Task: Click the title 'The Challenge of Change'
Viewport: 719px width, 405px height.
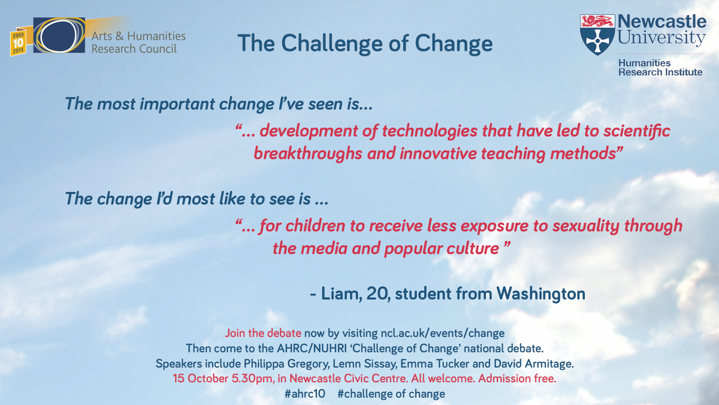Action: pyautogui.click(x=364, y=44)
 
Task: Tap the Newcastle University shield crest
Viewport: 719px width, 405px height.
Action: pyautogui.click(x=597, y=34)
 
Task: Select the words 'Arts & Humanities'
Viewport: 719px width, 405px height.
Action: pyautogui.click(x=138, y=36)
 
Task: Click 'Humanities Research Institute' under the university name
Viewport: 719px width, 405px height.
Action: pyautogui.click(x=660, y=67)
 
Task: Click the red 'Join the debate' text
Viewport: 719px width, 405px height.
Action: pyautogui.click(x=263, y=333)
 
